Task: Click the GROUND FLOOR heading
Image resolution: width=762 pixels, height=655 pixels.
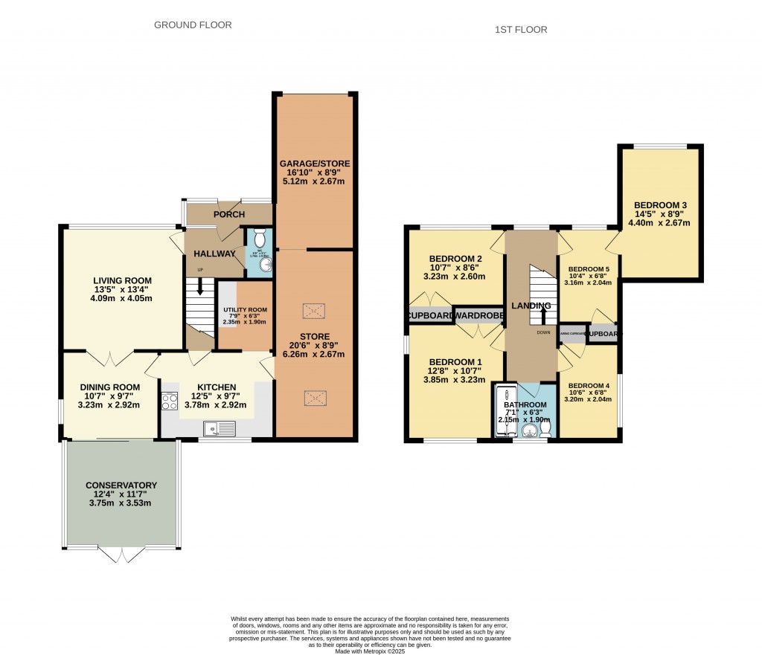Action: click(193, 25)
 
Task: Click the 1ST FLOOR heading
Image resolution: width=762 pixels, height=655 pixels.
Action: click(521, 30)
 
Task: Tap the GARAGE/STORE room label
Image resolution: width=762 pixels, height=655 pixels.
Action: click(314, 164)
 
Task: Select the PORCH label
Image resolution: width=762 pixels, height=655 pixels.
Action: click(229, 215)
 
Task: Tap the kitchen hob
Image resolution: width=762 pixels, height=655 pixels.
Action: click(168, 401)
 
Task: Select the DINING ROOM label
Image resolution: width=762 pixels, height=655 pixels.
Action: click(110, 387)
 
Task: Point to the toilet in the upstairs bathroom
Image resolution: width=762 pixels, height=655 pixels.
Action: click(545, 428)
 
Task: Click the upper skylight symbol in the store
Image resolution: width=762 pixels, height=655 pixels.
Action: click(313, 309)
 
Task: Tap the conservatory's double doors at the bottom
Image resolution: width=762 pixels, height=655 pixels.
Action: click(121, 554)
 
